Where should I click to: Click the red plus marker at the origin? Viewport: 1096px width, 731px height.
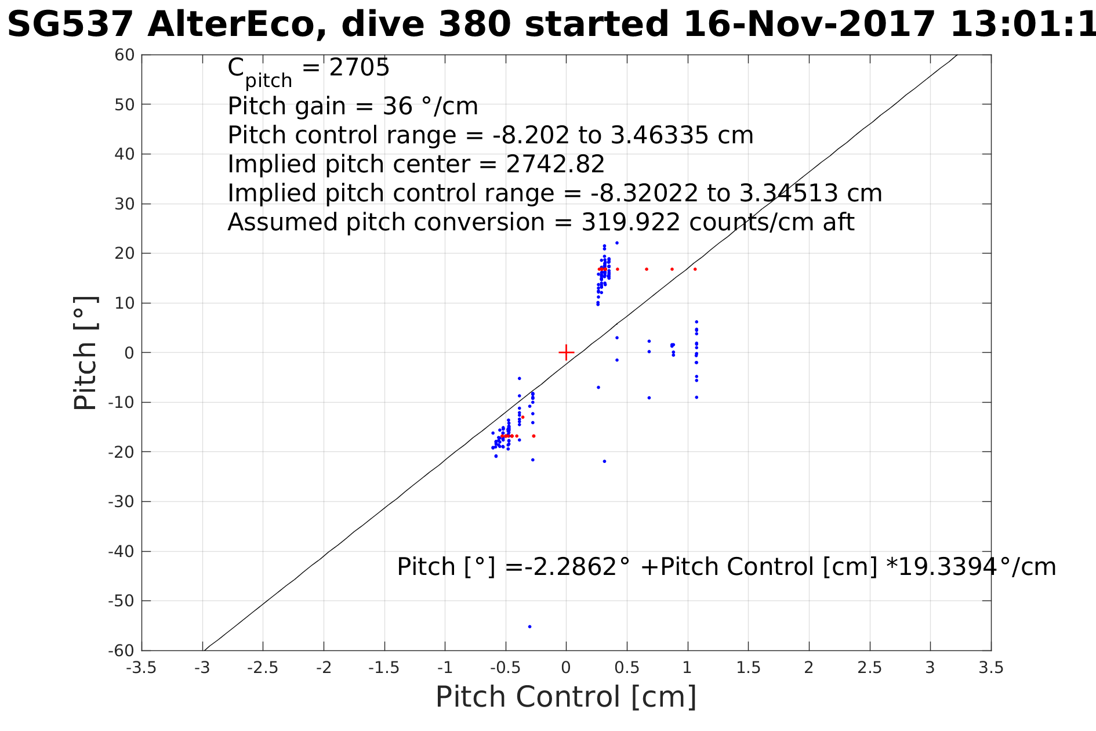pyautogui.click(x=566, y=352)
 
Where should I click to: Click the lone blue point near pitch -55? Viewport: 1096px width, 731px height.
pyautogui.click(x=529, y=627)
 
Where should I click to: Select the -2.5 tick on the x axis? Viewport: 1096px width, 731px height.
pyautogui.click(x=263, y=668)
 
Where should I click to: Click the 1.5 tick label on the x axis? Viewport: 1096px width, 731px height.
pyautogui.click(x=748, y=668)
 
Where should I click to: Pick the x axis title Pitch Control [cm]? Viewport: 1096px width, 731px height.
pyautogui.click(x=566, y=697)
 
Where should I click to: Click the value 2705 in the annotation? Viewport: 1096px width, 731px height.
pyautogui.click(x=359, y=68)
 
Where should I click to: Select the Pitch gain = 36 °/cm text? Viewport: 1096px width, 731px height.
pyautogui.click(x=353, y=106)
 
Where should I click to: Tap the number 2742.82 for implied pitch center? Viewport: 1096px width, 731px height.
pyautogui.click(x=555, y=164)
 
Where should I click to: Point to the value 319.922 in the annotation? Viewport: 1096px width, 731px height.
pyautogui.click(x=630, y=222)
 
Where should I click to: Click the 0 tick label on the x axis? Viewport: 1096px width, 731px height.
pyautogui.click(x=566, y=668)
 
